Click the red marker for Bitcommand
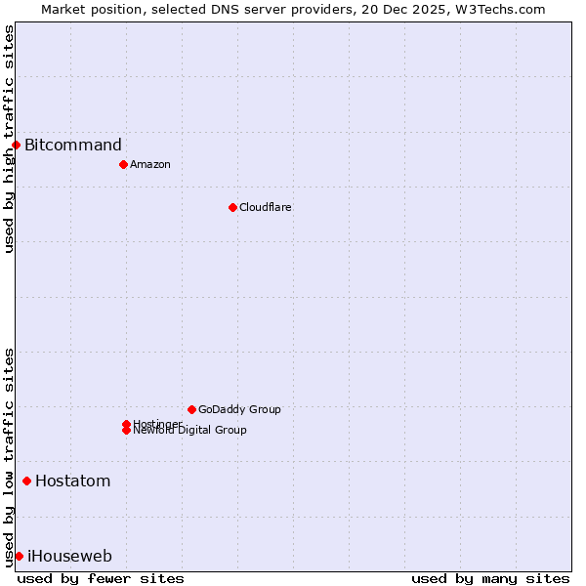(x=16, y=146)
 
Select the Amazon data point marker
(x=123, y=164)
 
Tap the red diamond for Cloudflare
(x=232, y=207)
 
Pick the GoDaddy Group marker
(x=191, y=409)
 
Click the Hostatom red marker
(x=26, y=481)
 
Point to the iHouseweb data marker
(x=19, y=556)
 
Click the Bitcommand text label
(x=73, y=146)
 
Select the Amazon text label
(x=150, y=164)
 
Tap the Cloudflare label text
(x=266, y=207)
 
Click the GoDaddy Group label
(x=239, y=409)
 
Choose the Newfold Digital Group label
(x=190, y=431)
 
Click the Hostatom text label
(x=73, y=481)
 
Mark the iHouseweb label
(x=69, y=556)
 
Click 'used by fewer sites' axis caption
(x=101, y=578)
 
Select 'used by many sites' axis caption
(x=490, y=578)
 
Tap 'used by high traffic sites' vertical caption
(x=9, y=139)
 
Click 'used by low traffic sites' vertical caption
(x=9, y=457)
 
